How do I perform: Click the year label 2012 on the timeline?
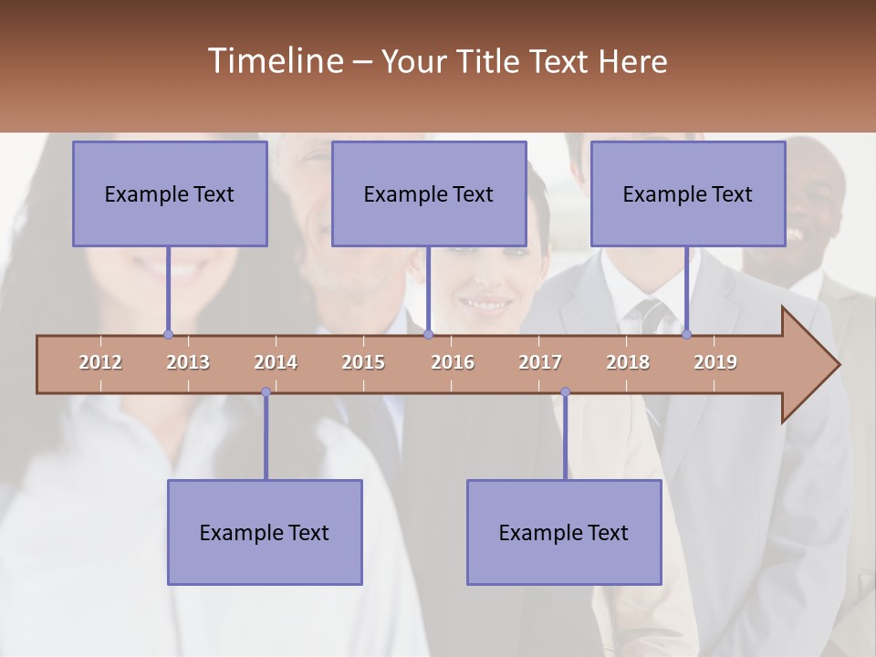(100, 362)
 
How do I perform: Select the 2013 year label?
(188, 362)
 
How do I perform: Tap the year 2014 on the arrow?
(276, 362)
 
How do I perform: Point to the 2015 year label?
(363, 362)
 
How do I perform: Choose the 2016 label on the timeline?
(453, 362)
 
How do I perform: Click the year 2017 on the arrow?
(540, 362)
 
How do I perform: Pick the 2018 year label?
(628, 362)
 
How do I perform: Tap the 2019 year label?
(715, 362)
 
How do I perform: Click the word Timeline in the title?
(275, 61)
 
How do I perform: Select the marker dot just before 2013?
(168, 335)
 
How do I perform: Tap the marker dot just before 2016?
(428, 335)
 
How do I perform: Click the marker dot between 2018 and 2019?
(687, 335)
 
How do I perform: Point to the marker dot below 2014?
(266, 392)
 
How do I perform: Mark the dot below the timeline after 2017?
(565, 392)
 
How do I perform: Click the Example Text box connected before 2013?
(170, 193)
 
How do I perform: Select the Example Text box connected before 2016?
(429, 193)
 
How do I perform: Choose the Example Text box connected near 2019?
(688, 193)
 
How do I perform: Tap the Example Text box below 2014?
(265, 532)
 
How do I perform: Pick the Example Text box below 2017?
(564, 532)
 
